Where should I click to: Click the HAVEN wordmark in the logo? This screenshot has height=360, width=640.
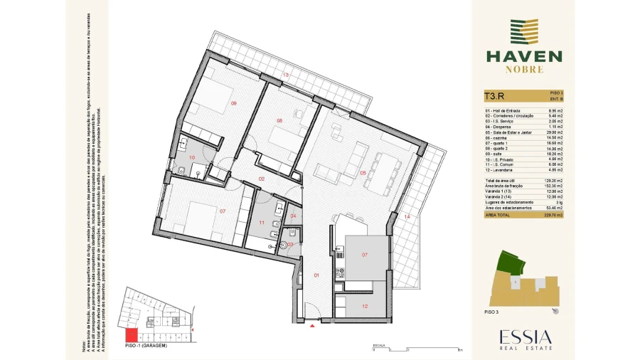[523, 56]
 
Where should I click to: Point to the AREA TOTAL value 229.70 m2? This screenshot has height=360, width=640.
[553, 214]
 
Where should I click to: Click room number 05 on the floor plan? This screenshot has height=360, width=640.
[363, 172]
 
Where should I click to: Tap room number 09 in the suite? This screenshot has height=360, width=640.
[233, 104]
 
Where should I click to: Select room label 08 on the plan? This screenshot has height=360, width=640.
[279, 121]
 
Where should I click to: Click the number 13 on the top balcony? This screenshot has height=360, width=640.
[286, 75]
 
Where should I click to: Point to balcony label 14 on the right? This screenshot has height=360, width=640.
[407, 216]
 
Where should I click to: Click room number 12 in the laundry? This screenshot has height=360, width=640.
[364, 307]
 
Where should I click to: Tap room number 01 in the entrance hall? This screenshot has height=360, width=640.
[316, 275]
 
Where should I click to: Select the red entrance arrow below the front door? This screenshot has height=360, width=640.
[312, 327]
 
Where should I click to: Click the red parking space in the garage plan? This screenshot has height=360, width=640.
[131, 336]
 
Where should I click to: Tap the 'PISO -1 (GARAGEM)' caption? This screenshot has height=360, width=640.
[145, 345]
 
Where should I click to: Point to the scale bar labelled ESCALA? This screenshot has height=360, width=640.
[416, 349]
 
